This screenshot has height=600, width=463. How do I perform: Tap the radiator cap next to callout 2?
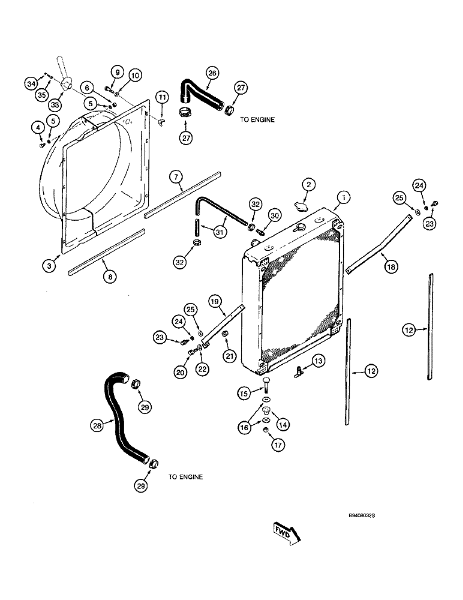tap(299, 205)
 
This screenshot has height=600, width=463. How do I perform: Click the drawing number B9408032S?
tap(365, 515)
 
